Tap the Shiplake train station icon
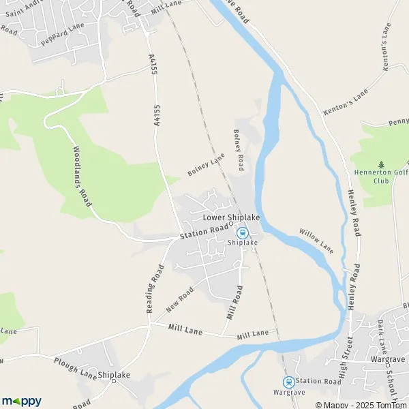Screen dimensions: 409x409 click(x=242, y=232)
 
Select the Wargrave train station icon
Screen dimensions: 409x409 click(x=288, y=382)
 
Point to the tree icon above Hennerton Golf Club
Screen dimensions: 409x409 click(x=380, y=164)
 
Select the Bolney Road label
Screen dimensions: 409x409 click(x=239, y=150)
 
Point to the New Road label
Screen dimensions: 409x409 click(x=180, y=300)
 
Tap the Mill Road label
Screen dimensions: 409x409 click(x=234, y=303)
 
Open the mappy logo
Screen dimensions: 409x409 click(x=22, y=401)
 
